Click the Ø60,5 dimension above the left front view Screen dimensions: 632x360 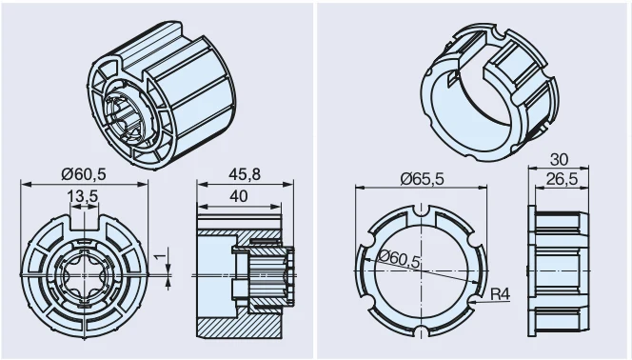[x=84, y=173]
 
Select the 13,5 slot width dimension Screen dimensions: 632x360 [x=82, y=196]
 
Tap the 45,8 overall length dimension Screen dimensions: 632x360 [x=245, y=174]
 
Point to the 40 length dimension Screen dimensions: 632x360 [x=239, y=196]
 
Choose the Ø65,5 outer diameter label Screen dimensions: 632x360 [x=423, y=178]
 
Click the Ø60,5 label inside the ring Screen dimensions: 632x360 [x=399, y=258]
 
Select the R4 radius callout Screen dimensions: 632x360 [x=501, y=294]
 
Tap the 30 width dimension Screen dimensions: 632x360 [x=559, y=160]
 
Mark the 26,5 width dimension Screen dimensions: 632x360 [x=562, y=179]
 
